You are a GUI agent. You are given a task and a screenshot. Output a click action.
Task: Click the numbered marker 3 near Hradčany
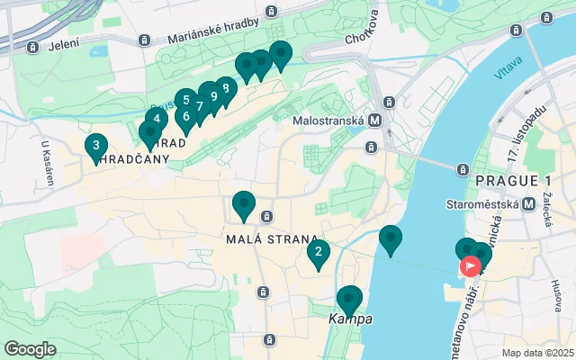95,146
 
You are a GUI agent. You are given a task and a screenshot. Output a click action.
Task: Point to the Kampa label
350,319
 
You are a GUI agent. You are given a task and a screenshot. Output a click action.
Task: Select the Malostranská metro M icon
373,119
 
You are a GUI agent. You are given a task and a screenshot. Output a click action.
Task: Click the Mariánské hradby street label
213,31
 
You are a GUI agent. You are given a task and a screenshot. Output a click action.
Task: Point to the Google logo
30,348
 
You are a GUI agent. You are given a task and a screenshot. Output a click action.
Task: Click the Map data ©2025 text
536,353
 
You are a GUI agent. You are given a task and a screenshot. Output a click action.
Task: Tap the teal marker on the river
390,238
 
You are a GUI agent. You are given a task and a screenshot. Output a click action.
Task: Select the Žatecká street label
546,212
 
